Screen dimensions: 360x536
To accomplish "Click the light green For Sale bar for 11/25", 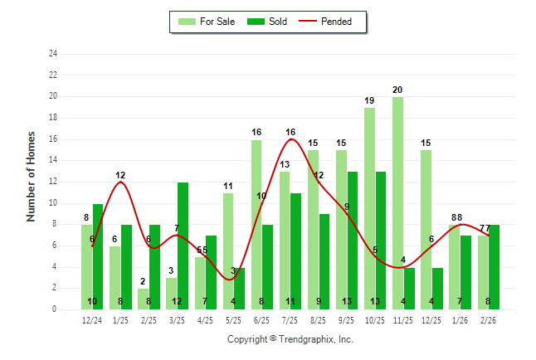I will (398, 203).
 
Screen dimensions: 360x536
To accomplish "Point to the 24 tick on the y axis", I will (53, 54).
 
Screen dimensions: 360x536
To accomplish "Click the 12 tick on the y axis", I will (53, 182).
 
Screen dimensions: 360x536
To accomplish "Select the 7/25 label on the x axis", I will (290, 319).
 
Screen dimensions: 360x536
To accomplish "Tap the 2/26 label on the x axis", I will (489, 319).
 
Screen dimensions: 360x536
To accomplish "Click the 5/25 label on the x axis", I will (234, 319).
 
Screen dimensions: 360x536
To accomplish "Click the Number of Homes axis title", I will (32, 176).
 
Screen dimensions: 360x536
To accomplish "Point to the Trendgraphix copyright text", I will (290, 339).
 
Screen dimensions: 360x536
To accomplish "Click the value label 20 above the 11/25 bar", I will (397, 90).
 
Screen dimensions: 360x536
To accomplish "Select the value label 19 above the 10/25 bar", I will (369, 100).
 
